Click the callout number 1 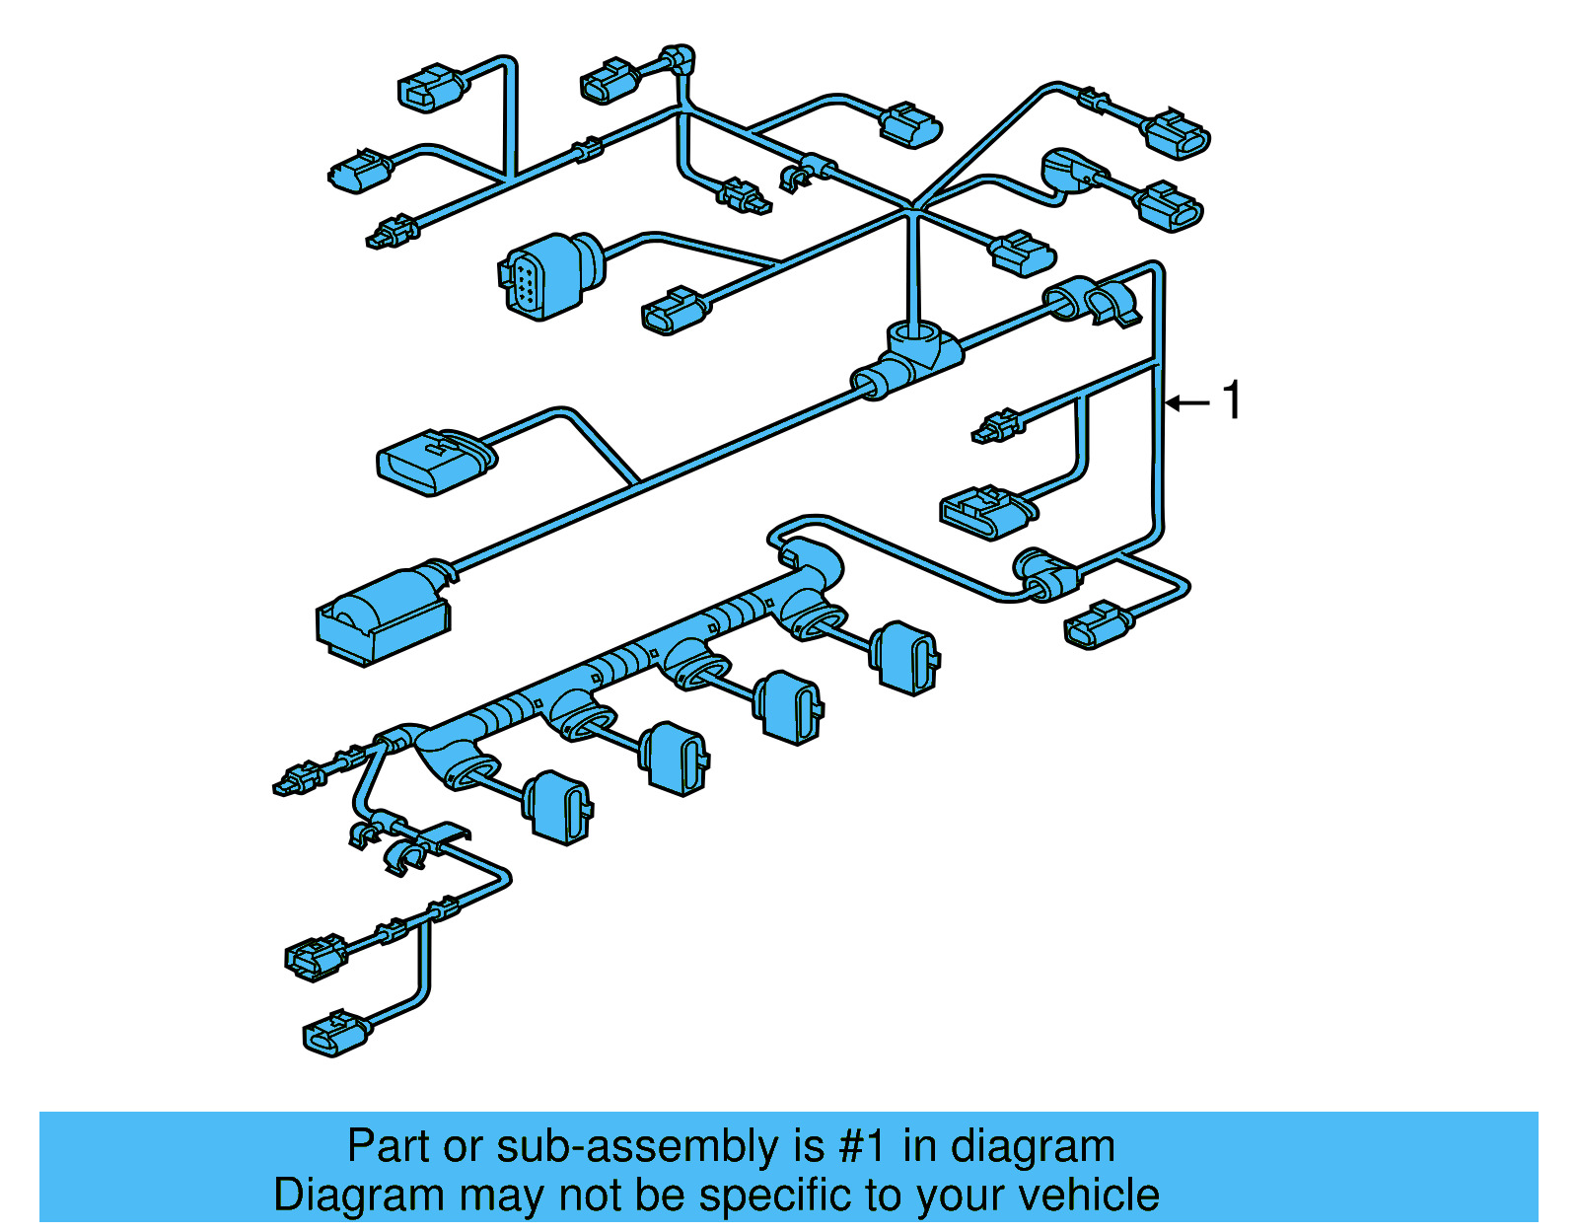tap(1232, 400)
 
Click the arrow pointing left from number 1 tap(1187, 402)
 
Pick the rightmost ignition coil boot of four tap(906, 657)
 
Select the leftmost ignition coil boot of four tap(558, 807)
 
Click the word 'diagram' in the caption tap(1033, 1146)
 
